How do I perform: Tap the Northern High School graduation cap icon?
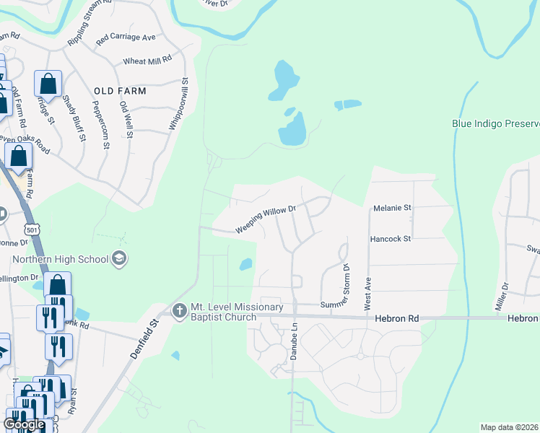tap(119, 258)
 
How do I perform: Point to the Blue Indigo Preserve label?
tap(495, 123)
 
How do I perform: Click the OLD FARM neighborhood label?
tap(120, 91)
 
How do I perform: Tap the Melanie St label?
tap(392, 208)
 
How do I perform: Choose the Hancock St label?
tap(390, 238)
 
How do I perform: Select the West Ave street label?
tap(367, 292)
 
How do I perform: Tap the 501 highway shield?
tap(30, 229)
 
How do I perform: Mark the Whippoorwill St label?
tap(179, 105)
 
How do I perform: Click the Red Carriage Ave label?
tap(126, 37)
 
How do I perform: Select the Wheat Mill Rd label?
tap(147, 61)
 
